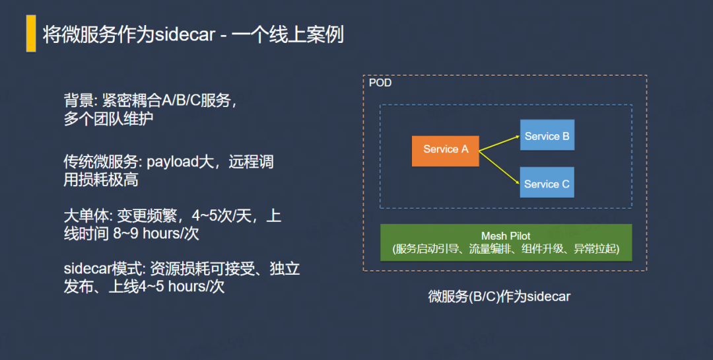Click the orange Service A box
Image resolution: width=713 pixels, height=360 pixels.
445,151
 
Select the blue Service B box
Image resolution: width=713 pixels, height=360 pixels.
547,135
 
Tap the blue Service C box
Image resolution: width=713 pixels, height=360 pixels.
547,182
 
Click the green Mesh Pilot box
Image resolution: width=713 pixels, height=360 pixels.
506,242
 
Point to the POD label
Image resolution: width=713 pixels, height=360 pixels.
380,83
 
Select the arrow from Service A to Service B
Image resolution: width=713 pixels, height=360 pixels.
499,143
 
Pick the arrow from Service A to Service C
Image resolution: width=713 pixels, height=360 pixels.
499,168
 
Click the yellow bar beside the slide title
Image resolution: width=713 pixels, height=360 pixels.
31,33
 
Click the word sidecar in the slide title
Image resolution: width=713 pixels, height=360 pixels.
185,34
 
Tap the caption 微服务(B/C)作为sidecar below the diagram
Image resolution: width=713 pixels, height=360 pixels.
499,297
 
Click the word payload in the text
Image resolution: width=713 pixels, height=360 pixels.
173,162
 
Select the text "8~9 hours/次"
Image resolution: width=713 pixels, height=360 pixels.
156,233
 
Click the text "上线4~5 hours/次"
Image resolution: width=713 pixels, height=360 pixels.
167,287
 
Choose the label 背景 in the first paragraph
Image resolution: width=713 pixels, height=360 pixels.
79,100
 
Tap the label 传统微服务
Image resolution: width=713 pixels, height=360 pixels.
101,162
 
